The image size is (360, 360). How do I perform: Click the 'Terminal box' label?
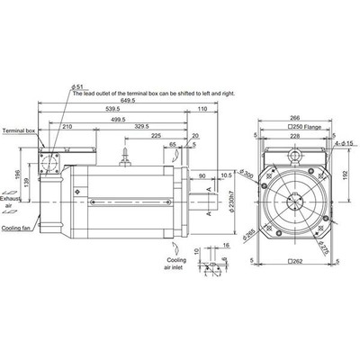[x=18, y=130]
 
